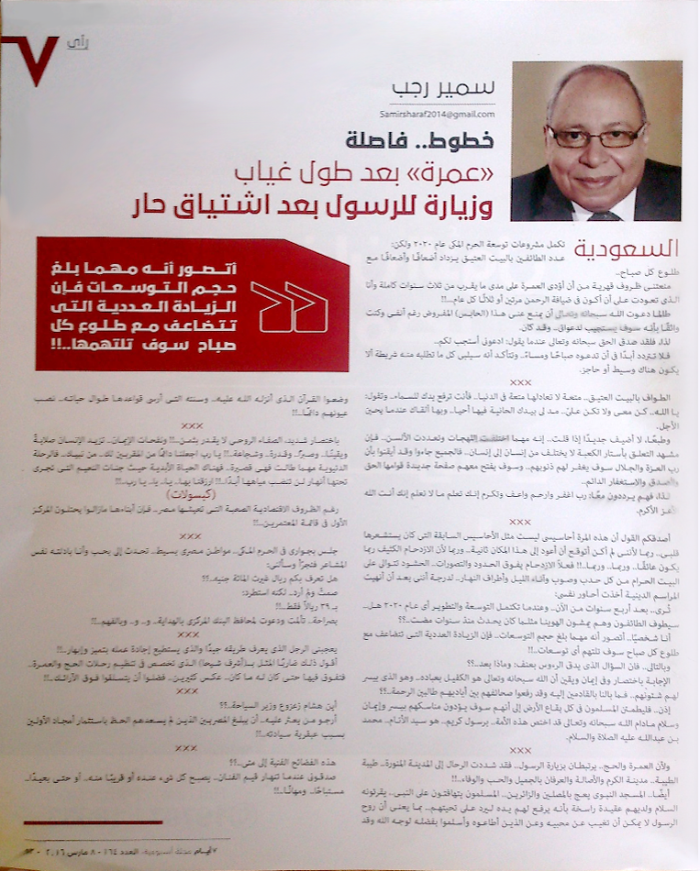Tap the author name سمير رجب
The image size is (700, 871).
coord(455,92)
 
